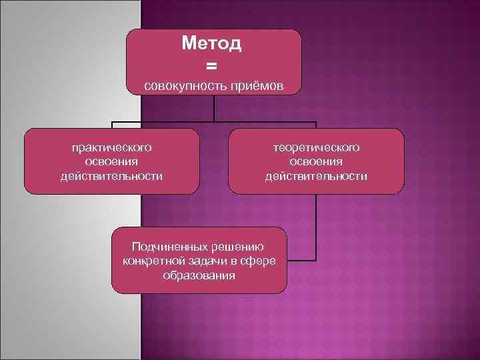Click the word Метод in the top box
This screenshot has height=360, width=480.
[212, 44]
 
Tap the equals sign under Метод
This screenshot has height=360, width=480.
[212, 65]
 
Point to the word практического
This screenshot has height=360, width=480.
[112, 147]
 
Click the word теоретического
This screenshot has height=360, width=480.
[316, 147]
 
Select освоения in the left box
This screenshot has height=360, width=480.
[112, 161]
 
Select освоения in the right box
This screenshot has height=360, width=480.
[316, 161]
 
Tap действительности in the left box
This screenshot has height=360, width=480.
[112, 176]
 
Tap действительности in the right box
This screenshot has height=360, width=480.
[316, 176]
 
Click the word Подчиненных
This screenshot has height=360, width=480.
[169, 246]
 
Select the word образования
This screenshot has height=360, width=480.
[199, 275]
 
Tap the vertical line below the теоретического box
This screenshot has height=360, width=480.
[316, 227]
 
